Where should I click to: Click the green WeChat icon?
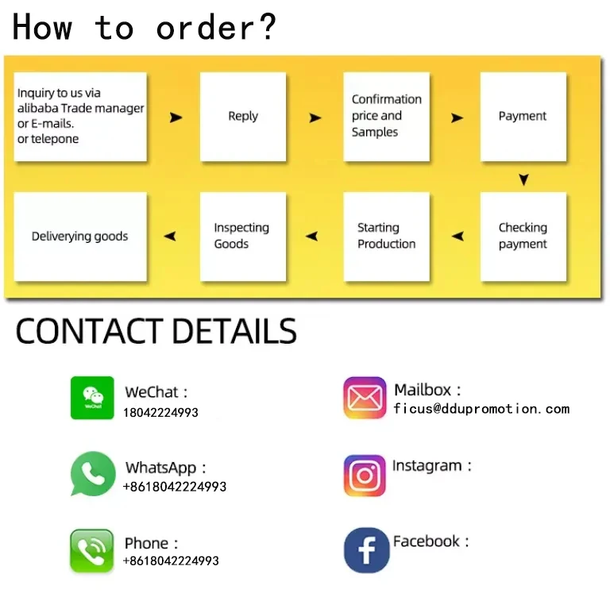point(92,398)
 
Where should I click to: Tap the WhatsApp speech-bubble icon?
point(93,474)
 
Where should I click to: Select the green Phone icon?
point(92,551)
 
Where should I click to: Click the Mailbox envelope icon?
point(365,398)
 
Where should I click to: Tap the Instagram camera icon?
point(365,476)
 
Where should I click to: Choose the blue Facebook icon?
point(366,550)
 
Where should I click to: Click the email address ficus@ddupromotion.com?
point(481,409)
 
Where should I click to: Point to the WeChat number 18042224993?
point(160,413)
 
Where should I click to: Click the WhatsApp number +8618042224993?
point(175,487)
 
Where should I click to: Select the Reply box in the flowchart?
point(243,117)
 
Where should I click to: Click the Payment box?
point(523,117)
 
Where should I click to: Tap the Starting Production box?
point(387,236)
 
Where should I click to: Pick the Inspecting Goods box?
point(242,236)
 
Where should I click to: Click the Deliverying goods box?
point(80,236)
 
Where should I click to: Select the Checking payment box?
point(523,236)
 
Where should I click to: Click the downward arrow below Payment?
point(523,180)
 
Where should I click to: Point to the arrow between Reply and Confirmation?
point(315,118)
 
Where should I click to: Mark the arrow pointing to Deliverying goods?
point(169,237)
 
